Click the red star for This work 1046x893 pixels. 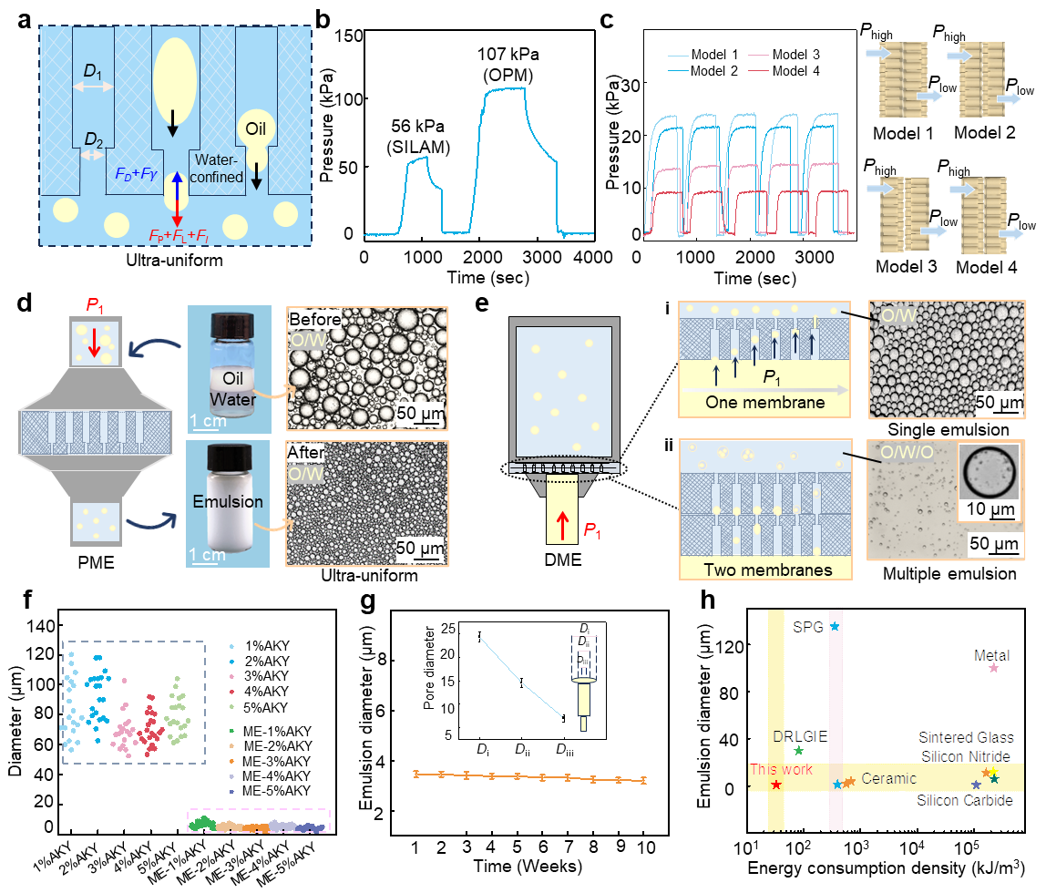point(775,785)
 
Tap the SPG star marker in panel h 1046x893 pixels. point(834,626)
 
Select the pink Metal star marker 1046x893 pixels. point(994,668)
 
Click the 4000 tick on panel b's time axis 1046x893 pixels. point(596,258)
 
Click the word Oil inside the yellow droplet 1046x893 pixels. point(255,124)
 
